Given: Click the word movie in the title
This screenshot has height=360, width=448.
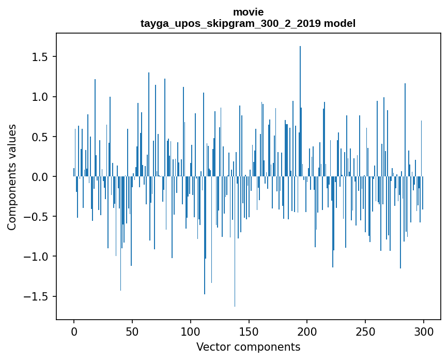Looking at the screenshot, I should [x=248, y=12].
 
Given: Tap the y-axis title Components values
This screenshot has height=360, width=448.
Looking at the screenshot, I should [x=12, y=177].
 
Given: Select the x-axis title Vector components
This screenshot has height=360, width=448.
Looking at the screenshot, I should [x=248, y=347].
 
